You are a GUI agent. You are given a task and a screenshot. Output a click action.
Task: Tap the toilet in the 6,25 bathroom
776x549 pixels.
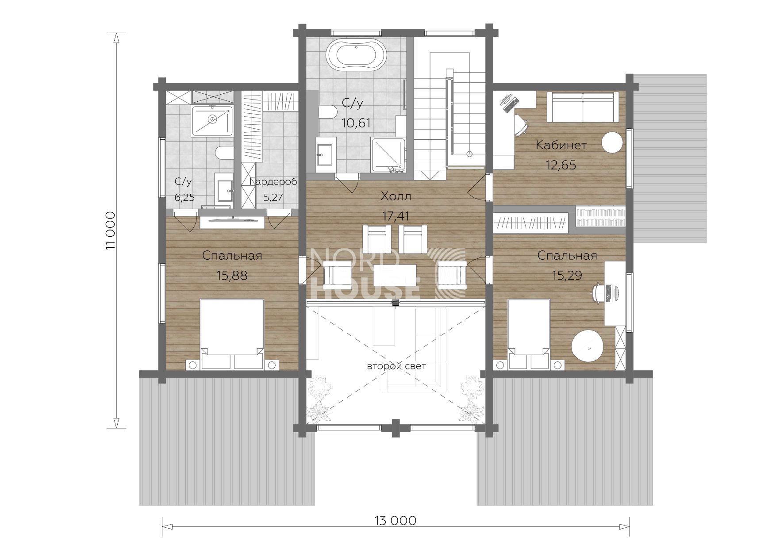(225, 154)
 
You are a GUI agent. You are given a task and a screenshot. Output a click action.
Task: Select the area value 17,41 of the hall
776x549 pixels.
(396, 216)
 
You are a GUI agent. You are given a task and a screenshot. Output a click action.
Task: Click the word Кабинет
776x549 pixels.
(561, 145)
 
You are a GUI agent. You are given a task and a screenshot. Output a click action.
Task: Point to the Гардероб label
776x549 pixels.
(273, 181)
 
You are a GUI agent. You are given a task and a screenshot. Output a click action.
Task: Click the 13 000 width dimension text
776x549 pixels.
(396, 521)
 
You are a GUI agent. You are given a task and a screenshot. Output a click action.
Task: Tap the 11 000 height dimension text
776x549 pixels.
(111, 230)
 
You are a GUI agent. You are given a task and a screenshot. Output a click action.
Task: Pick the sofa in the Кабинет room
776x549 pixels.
(583, 107)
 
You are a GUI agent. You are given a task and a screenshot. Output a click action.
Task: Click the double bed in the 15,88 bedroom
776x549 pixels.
(232, 334)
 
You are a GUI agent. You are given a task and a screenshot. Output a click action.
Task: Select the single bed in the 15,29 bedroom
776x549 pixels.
(529, 334)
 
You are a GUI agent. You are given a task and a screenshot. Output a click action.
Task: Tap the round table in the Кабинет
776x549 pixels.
(612, 143)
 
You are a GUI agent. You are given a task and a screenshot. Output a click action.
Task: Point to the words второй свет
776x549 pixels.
(396, 366)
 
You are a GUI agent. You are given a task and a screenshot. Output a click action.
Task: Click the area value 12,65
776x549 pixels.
(561, 165)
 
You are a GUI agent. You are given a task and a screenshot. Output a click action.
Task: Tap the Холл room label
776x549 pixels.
(396, 196)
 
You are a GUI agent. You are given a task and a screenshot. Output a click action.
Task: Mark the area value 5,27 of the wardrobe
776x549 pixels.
(273, 197)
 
